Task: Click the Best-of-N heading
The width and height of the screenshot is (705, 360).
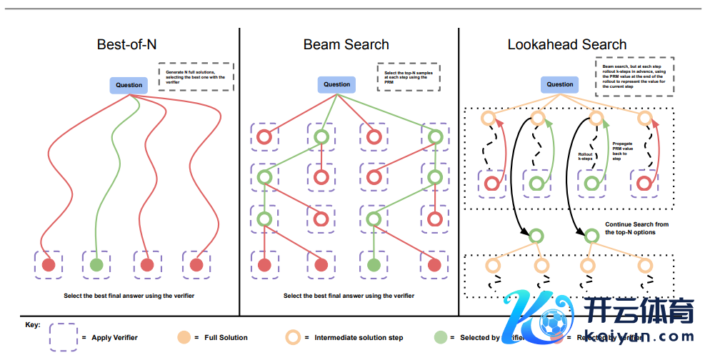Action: (x=126, y=44)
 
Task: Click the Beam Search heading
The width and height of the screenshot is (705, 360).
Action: (x=346, y=44)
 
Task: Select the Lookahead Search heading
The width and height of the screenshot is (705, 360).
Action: (x=567, y=44)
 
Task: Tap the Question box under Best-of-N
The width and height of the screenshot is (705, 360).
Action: (x=129, y=85)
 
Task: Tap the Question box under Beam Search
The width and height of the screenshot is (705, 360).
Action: (x=337, y=84)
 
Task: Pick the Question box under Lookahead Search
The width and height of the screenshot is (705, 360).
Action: (x=560, y=84)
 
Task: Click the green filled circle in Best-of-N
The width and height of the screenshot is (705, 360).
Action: (x=97, y=264)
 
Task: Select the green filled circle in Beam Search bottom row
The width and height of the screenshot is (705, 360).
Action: (x=373, y=264)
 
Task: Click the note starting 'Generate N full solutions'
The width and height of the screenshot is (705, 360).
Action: (x=196, y=77)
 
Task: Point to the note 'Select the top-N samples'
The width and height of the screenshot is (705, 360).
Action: (x=408, y=77)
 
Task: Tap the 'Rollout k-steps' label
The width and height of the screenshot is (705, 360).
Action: (x=585, y=156)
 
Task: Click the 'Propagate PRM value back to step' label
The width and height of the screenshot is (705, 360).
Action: (x=622, y=151)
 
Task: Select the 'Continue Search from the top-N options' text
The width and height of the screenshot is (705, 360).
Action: (x=637, y=229)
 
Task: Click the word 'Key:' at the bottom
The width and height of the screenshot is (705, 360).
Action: (x=33, y=325)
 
